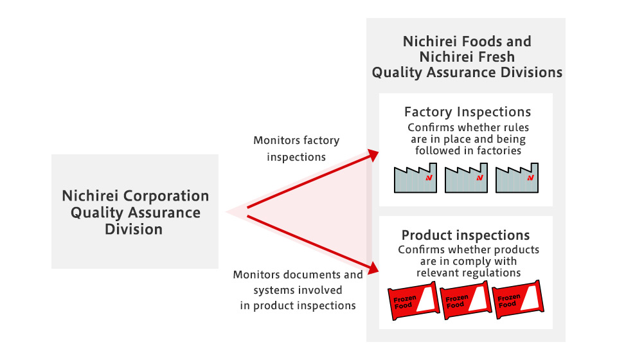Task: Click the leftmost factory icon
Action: tap(415, 178)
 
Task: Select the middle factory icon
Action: tap(466, 178)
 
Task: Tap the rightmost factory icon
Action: tap(517, 178)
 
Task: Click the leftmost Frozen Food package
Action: tap(413, 301)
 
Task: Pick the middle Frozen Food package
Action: tap(465, 300)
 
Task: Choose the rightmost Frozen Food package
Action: tap(518, 300)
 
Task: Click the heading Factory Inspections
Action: tap(467, 112)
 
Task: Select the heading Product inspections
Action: tap(465, 235)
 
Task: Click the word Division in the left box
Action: tap(134, 229)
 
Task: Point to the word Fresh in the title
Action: tap(496, 57)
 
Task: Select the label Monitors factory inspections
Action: tap(296, 148)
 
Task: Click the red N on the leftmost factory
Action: tap(429, 178)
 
